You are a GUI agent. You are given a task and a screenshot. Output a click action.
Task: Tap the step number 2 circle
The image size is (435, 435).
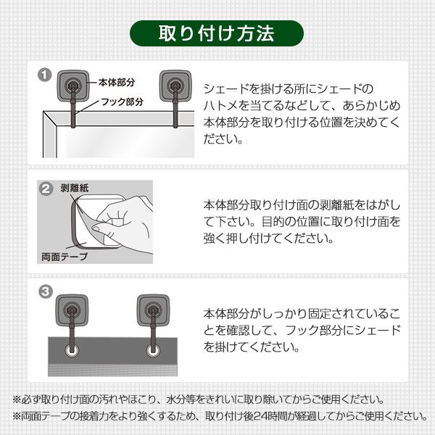45,188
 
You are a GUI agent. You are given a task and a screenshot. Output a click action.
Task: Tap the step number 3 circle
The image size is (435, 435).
45,292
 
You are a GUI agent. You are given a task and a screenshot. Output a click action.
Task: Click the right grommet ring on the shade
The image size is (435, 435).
153,351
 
